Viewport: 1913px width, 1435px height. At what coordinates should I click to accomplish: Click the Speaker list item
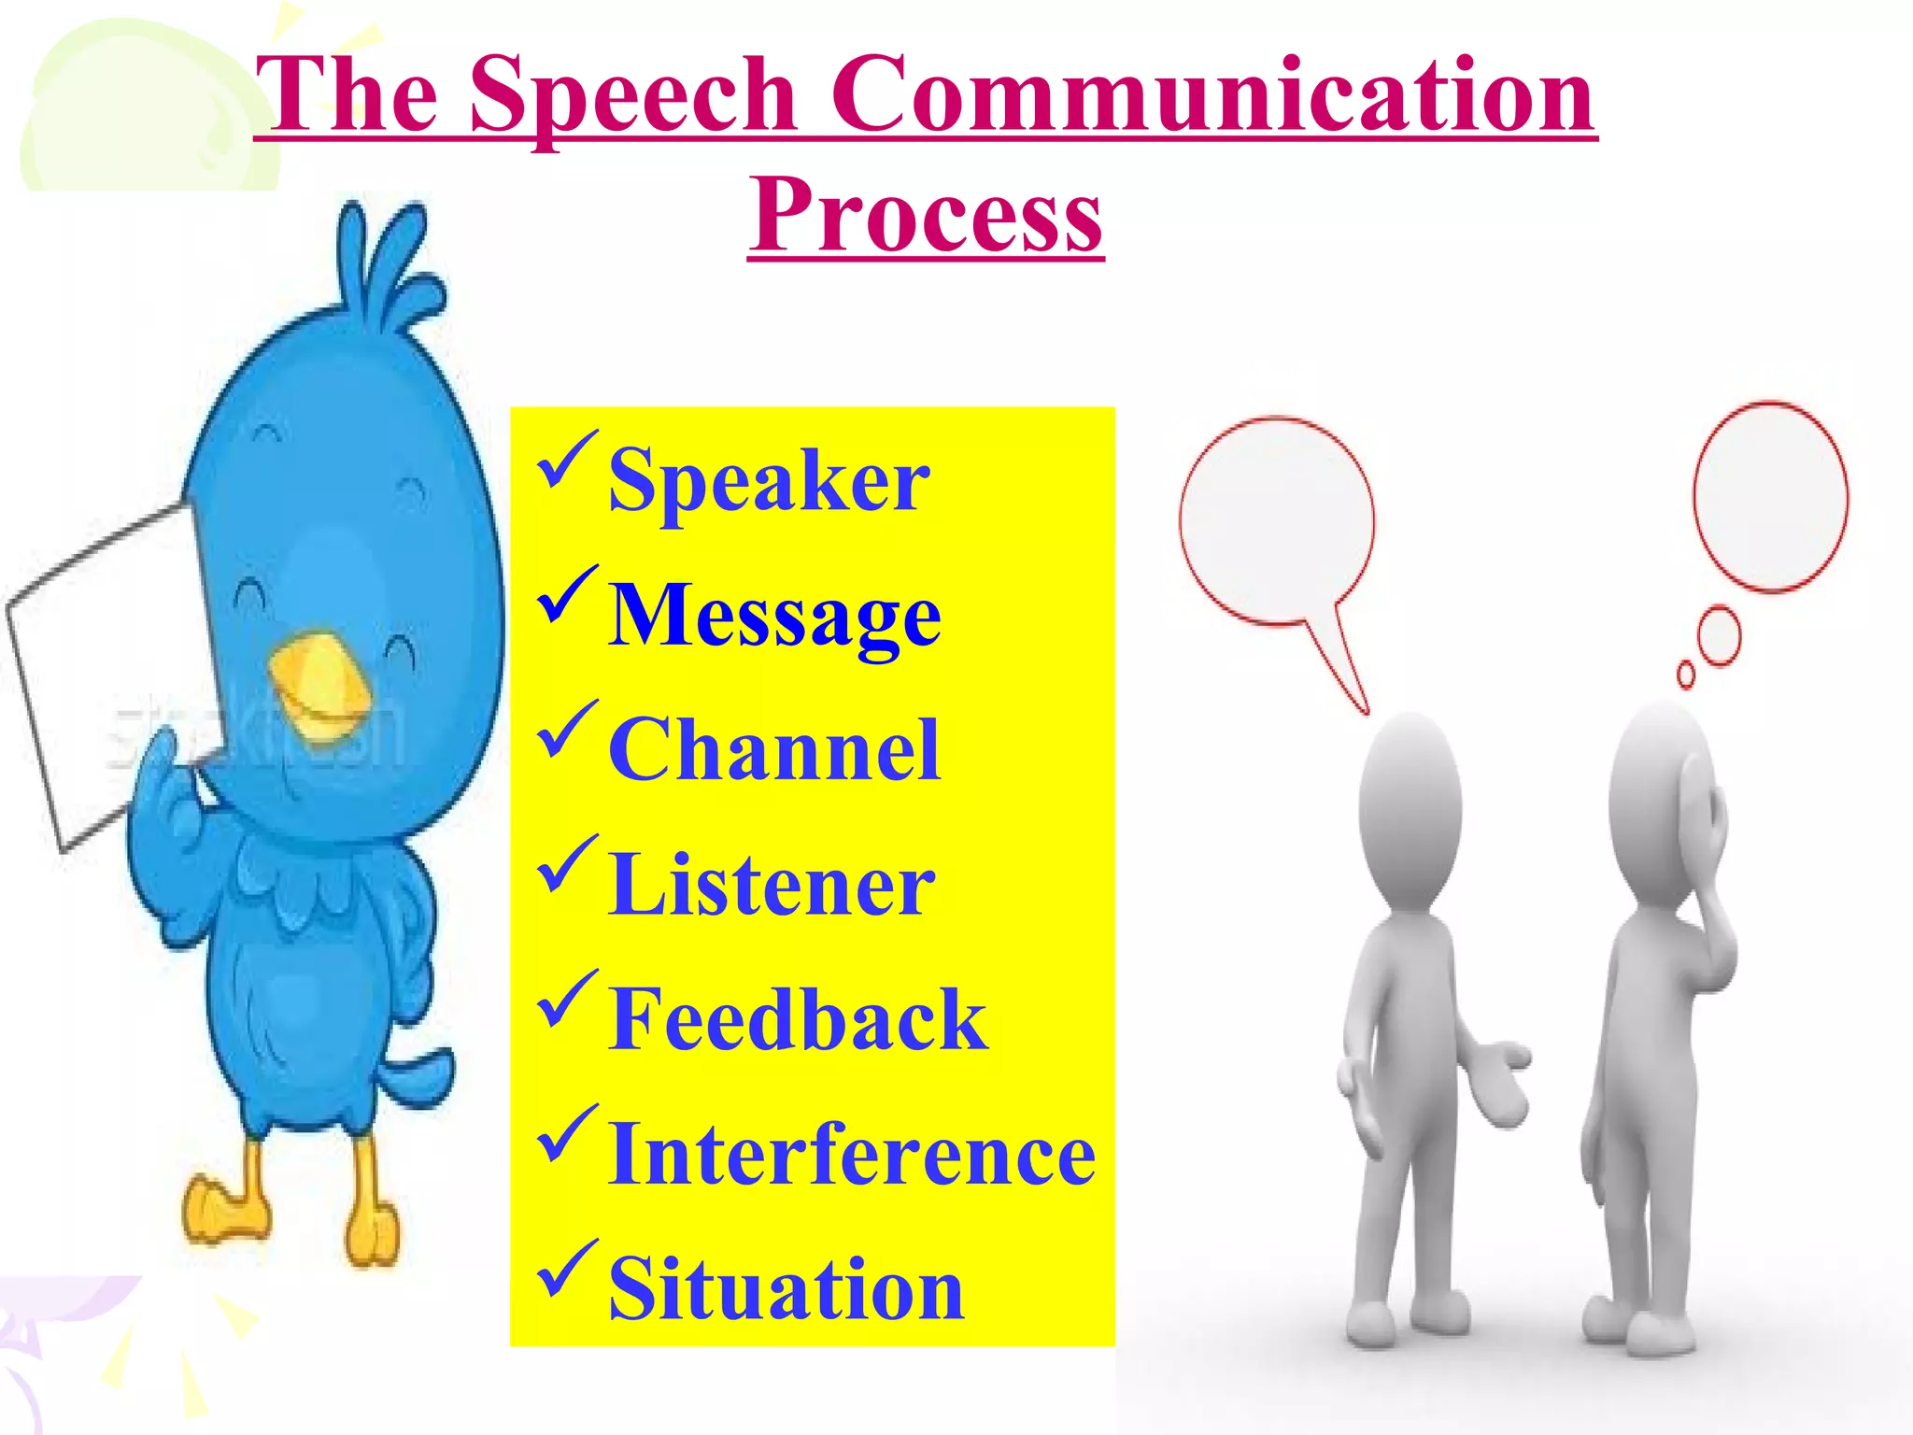pos(768,481)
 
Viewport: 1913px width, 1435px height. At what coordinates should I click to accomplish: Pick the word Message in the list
pos(774,616)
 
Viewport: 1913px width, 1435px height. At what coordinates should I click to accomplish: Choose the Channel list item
pos(773,749)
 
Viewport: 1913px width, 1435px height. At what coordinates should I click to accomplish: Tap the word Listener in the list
pos(772,884)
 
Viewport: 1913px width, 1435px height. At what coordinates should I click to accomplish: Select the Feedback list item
pos(797,1019)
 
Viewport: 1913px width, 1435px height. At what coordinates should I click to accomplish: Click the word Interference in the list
pos(851,1154)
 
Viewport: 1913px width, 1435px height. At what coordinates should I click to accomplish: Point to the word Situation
pos(786,1288)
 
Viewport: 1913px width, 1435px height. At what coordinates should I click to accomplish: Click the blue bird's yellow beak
pos(319,680)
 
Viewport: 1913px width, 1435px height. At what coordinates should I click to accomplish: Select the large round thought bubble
pos(1770,496)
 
